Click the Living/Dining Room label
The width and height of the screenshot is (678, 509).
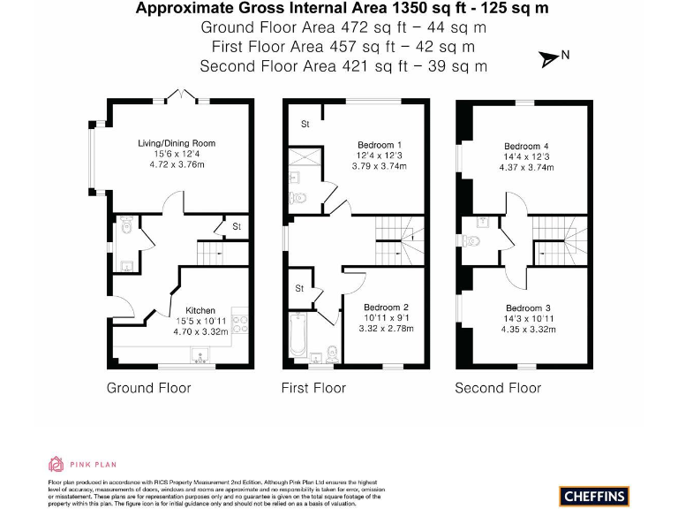coord(176,143)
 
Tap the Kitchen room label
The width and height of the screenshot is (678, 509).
coord(200,310)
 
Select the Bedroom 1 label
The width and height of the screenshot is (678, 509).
coord(380,145)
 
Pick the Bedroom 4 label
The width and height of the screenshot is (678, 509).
coord(526,147)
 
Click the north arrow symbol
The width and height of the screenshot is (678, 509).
coord(552,58)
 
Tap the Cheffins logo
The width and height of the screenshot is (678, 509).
coord(594,496)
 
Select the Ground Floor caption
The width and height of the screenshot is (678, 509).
coord(148,388)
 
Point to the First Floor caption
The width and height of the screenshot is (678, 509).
coord(313,388)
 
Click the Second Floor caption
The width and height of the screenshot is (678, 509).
coord(498,388)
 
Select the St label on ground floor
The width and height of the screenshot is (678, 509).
coord(237,227)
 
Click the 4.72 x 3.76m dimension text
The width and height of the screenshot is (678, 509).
coord(176,164)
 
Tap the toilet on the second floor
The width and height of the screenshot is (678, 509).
coord(471,240)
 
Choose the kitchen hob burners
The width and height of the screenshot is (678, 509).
coord(238,325)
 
